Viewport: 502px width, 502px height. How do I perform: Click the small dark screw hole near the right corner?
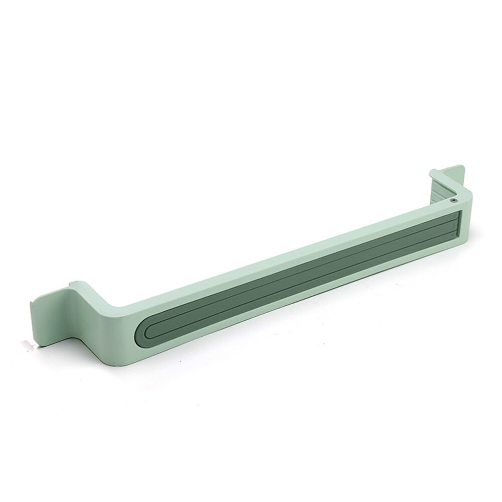pyautogui.click(x=453, y=199)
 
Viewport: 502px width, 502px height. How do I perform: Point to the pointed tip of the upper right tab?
pyautogui.click(x=459, y=165)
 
